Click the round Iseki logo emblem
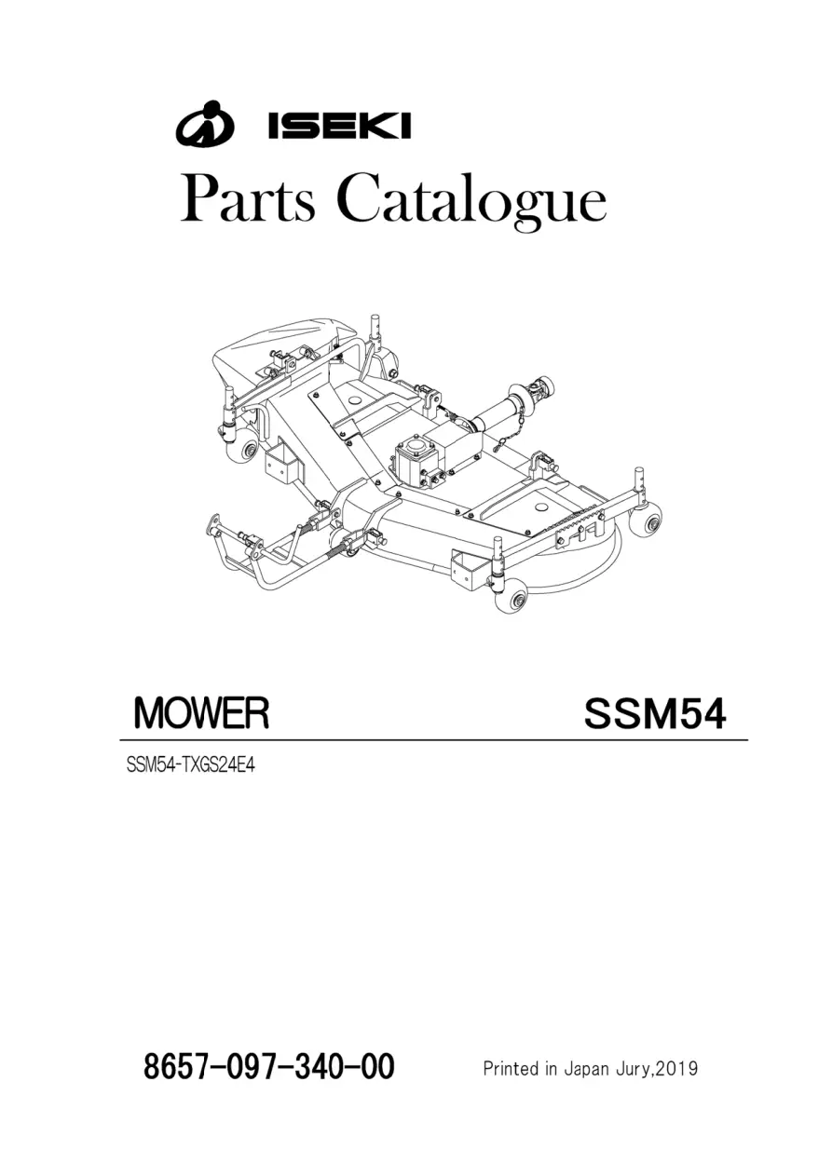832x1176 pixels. tap(204, 123)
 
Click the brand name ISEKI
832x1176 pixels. tap(339, 125)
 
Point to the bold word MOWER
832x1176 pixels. tap(202, 713)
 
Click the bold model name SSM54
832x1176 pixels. tap(655, 714)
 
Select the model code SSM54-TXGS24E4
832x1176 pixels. tap(191, 765)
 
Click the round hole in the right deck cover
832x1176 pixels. tap(540, 507)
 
